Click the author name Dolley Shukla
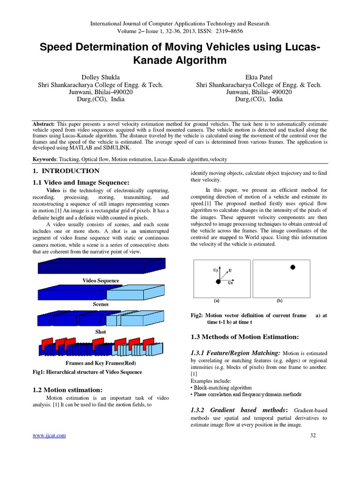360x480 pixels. [x=100, y=77]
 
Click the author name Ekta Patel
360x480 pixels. [x=259, y=77]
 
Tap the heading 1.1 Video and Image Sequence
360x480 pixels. [x=81, y=182]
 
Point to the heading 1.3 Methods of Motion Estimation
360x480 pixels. [x=245, y=337]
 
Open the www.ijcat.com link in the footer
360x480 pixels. [x=49, y=435]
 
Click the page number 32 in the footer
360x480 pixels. [x=313, y=435]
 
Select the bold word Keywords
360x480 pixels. [x=45, y=159]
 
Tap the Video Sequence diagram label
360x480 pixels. [x=101, y=280]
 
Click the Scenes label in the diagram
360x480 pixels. [x=101, y=304]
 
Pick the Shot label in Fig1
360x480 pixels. [x=101, y=331]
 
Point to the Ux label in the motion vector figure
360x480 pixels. [x=230, y=283]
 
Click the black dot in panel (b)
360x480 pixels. [x=293, y=267]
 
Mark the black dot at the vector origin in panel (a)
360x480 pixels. [x=218, y=281]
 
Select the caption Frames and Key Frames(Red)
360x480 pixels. [x=100, y=363]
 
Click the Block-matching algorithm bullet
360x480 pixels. [x=221, y=388]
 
